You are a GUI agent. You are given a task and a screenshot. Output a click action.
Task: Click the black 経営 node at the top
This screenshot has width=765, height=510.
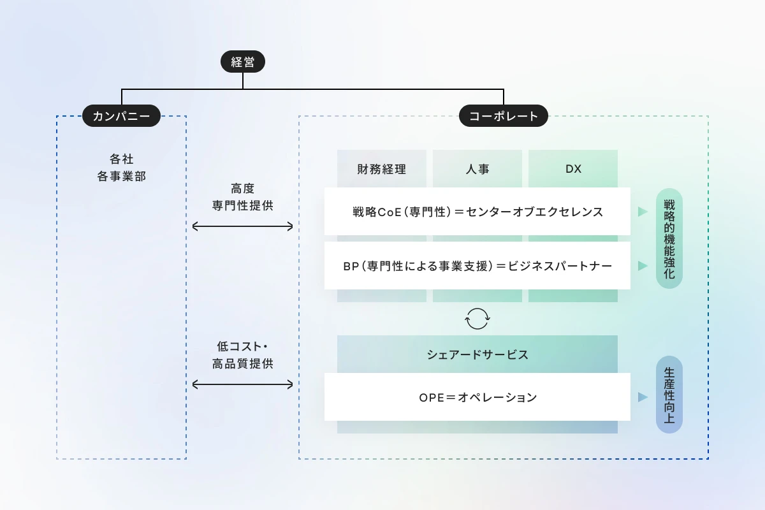tap(243, 61)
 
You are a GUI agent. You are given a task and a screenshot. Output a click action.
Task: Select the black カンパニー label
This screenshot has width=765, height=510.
tap(121, 116)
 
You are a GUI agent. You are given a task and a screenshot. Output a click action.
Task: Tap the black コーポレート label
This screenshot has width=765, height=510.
tap(504, 116)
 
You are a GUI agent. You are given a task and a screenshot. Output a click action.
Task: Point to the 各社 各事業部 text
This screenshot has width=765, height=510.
tap(121, 168)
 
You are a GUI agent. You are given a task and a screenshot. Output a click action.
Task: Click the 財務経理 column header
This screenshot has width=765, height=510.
tap(381, 169)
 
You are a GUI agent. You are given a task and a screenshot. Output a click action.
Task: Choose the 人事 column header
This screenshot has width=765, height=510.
tap(477, 169)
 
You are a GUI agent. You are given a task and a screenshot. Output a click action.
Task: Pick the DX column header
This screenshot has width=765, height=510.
tap(573, 169)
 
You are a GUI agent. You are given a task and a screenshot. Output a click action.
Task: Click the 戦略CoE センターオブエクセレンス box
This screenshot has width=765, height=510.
tap(477, 212)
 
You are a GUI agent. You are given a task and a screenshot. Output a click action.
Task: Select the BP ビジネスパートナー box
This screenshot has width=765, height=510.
tap(477, 265)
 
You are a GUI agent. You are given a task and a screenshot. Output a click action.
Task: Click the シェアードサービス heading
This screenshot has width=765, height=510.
tap(477, 354)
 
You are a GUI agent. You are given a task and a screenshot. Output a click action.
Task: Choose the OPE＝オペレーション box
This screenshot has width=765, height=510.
tap(477, 397)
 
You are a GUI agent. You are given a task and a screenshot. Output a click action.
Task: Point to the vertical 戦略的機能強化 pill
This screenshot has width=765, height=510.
tap(669, 238)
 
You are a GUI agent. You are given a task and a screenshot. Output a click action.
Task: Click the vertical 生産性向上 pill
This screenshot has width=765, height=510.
tap(669, 395)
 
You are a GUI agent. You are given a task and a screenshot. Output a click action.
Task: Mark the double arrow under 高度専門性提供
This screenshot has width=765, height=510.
tap(242, 226)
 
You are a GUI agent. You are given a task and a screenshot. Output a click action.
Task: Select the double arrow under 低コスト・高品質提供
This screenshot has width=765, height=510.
tap(242, 384)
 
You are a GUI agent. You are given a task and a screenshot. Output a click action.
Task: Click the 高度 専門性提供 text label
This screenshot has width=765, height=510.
tap(242, 197)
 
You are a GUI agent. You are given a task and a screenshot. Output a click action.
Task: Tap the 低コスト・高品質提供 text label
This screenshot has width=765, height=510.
tap(242, 355)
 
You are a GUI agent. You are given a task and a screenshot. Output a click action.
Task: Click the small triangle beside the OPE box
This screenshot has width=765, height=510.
tap(643, 397)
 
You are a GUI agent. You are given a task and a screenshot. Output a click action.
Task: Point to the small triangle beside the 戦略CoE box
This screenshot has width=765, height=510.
tap(643, 212)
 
